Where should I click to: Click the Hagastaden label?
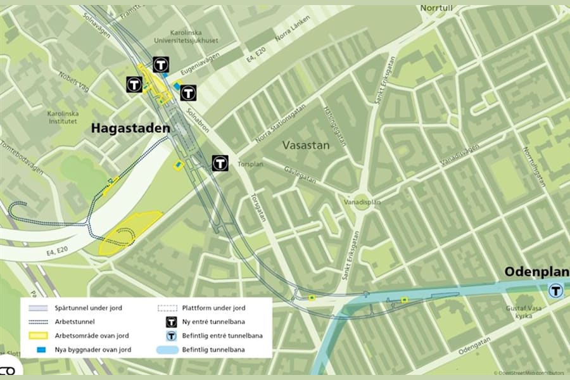point(130,129)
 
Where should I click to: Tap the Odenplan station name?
point(536,272)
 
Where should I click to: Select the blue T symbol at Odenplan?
point(555,290)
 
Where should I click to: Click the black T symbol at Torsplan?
point(220,163)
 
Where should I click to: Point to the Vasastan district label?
point(306,145)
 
